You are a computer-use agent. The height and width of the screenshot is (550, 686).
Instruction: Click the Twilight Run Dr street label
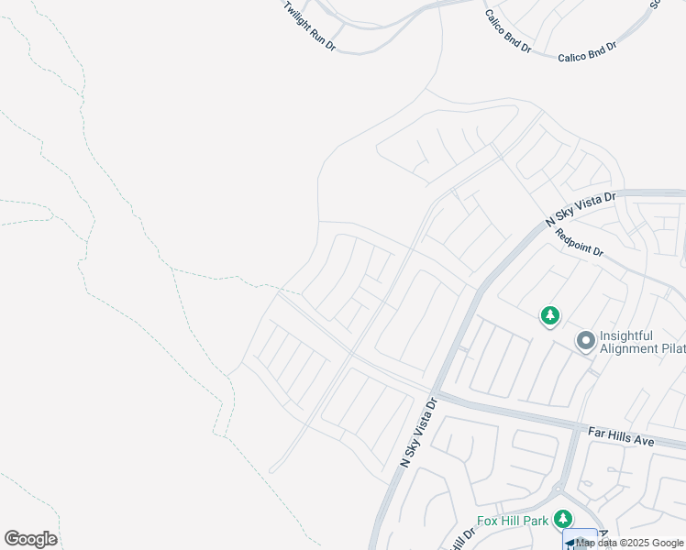click(309, 25)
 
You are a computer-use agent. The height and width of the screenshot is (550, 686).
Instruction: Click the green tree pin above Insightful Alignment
click(549, 316)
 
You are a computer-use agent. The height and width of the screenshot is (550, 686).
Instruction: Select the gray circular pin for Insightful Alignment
click(584, 342)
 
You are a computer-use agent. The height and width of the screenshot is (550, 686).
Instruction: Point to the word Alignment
click(629, 348)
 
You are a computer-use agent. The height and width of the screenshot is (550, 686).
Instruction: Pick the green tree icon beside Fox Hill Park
click(564, 520)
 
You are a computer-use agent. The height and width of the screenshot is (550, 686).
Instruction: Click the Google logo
click(30, 539)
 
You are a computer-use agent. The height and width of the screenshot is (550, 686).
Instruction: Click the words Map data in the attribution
click(596, 544)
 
